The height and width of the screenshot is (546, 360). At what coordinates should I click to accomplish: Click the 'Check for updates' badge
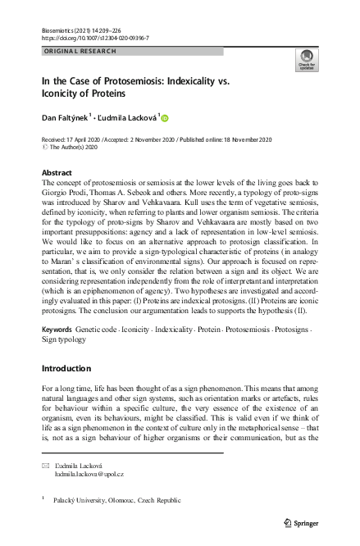(307, 62)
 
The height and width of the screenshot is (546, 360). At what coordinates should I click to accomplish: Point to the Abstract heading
(56, 173)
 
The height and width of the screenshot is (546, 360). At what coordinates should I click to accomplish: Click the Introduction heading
(70, 367)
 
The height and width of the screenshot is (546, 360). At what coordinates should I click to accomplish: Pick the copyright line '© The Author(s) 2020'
(71, 148)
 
